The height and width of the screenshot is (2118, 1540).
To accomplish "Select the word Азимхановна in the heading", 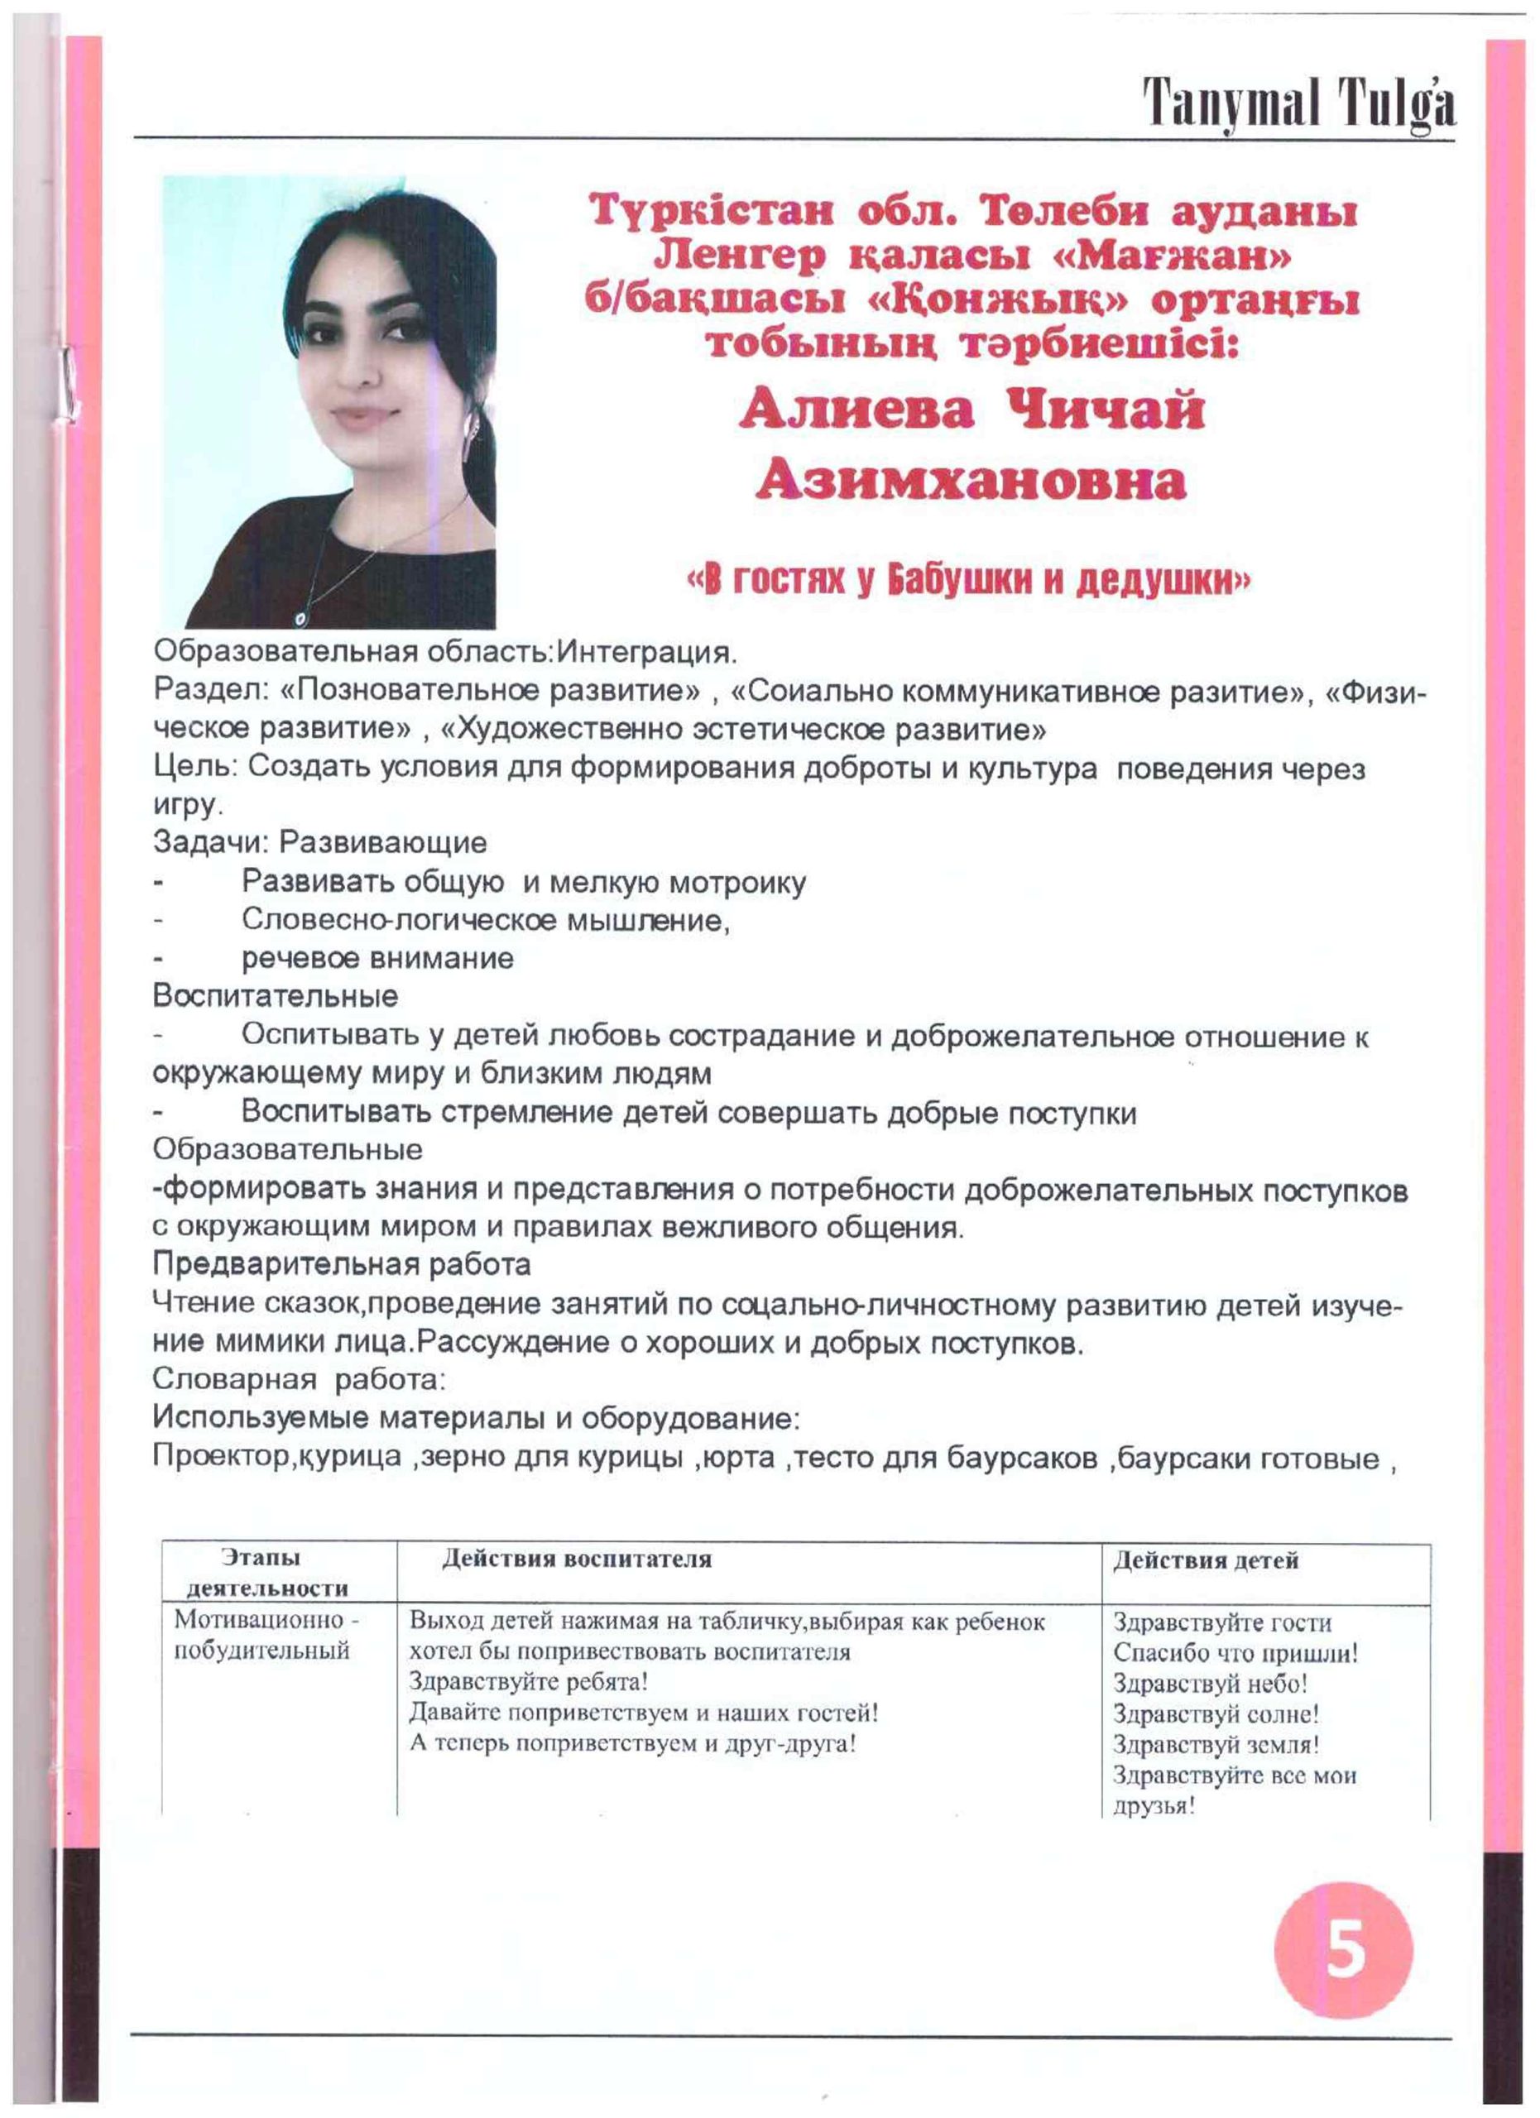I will click(x=971, y=482).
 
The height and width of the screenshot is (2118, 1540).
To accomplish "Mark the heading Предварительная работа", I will click(x=342, y=1264).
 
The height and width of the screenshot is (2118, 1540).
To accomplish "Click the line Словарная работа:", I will click(x=300, y=1378).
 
